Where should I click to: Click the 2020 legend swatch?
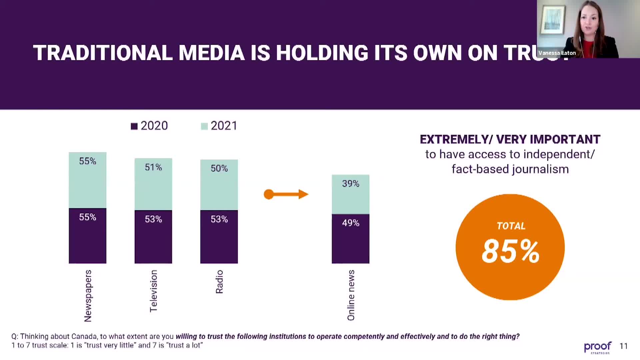tap(134, 126)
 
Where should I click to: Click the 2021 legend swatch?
tap(204, 126)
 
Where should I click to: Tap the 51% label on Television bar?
tap(153, 167)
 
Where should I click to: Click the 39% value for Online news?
tap(350, 184)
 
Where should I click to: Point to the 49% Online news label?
tap(350, 223)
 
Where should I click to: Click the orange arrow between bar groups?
tap(286, 194)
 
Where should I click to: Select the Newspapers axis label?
tap(88, 296)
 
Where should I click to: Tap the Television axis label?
tap(153, 291)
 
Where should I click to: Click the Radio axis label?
tap(219, 282)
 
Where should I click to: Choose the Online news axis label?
tap(351, 295)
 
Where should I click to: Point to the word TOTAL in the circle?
tap(511, 226)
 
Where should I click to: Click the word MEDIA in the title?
tap(211, 53)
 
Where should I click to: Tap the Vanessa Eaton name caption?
tap(557, 53)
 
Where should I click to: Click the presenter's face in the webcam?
tap(589, 22)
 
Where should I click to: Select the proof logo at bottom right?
tap(597, 347)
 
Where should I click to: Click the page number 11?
tap(623, 346)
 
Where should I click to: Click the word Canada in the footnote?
tap(84, 336)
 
